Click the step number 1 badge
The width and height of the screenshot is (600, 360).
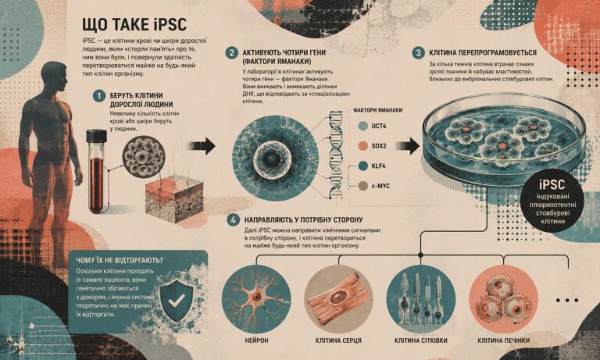pyautogui.click(x=99, y=95)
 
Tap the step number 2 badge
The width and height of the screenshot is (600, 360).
pyautogui.click(x=231, y=52)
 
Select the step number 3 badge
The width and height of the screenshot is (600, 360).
pyautogui.click(x=418, y=53)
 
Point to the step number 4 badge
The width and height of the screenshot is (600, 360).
pyautogui.click(x=233, y=220)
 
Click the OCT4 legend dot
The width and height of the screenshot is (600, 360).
pyautogui.click(x=362, y=126)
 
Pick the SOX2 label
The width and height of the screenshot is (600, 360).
pyautogui.click(x=379, y=146)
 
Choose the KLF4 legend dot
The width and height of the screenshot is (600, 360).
pyautogui.click(x=362, y=166)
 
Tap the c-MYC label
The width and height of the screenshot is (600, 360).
pyautogui.click(x=380, y=187)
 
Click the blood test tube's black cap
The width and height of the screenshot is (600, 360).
pyautogui.click(x=96, y=136)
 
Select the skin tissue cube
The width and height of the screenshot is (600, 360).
pyautogui.click(x=174, y=199)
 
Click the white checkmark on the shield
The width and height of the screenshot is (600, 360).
pyautogui.click(x=177, y=300)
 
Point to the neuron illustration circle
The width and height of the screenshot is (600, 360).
pyautogui.click(x=256, y=299)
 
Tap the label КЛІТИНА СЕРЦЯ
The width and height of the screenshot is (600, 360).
pyautogui.click(x=338, y=340)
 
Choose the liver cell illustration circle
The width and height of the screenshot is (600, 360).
pyautogui.click(x=503, y=299)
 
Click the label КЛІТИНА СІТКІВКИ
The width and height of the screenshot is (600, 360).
pyautogui.click(x=420, y=340)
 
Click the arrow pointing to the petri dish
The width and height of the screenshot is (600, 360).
pyautogui.click(x=408, y=146)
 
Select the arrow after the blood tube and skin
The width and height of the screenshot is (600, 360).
pyautogui.click(x=202, y=146)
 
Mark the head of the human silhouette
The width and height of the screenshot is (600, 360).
pyautogui.click(x=54, y=77)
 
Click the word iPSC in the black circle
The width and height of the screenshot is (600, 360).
pyautogui.click(x=552, y=185)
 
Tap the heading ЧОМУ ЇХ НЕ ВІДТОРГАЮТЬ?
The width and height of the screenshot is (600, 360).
pyautogui.click(x=120, y=261)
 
